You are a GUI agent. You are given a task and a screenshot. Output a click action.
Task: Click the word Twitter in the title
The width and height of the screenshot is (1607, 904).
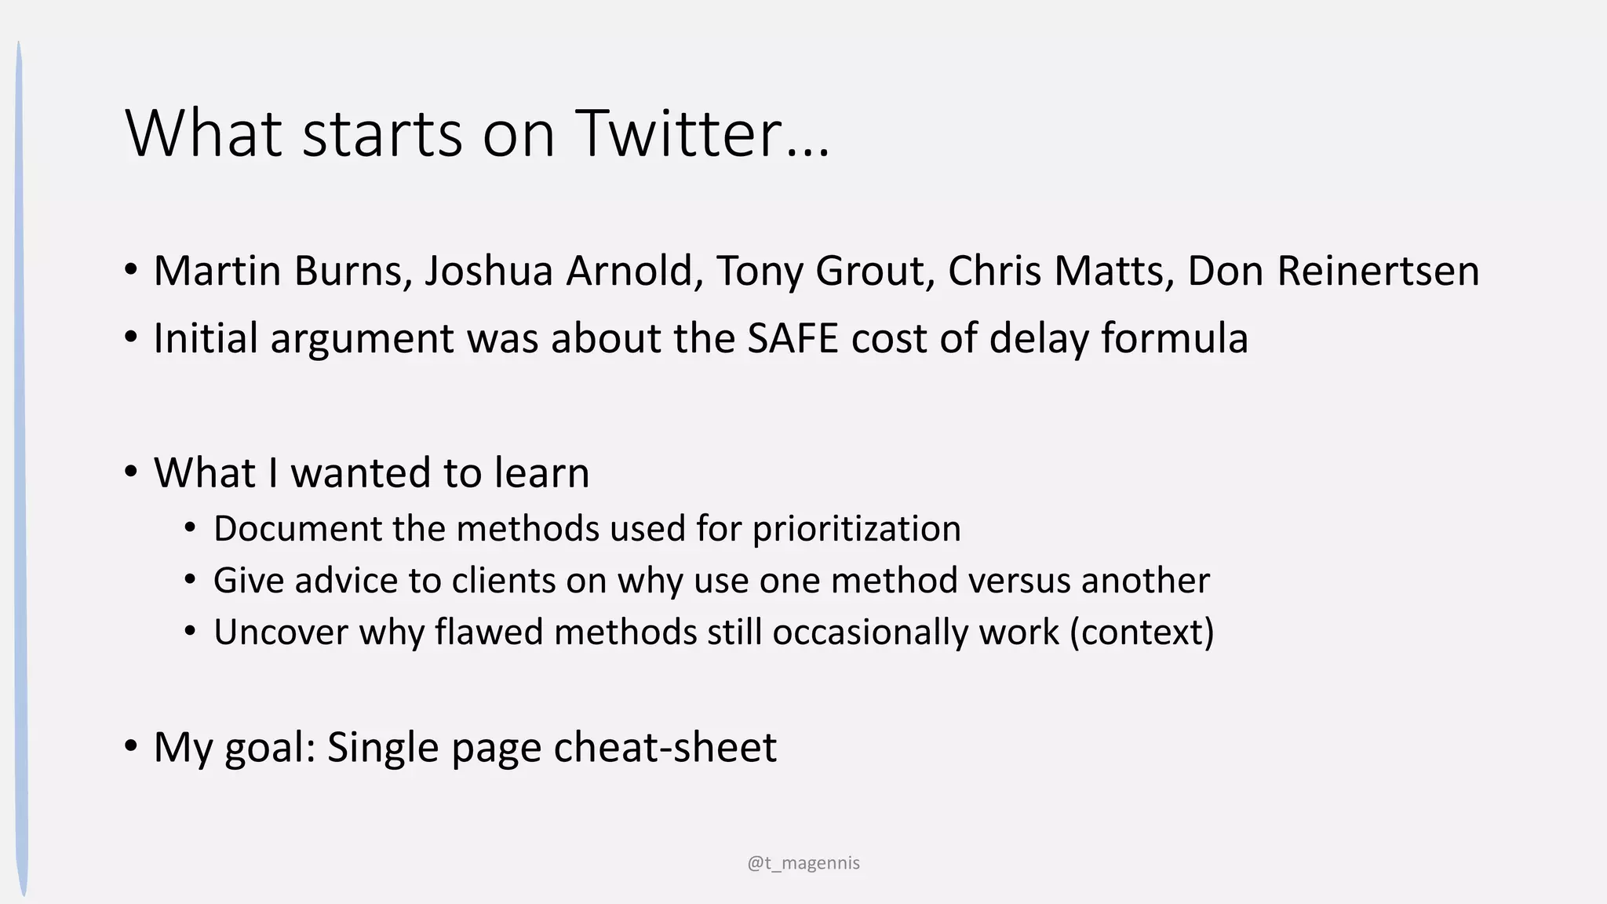click(x=680, y=134)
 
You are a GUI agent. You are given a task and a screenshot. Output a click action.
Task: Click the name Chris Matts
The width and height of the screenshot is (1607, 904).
click(x=1061, y=272)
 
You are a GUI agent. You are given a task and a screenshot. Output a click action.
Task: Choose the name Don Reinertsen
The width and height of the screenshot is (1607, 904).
click(x=1333, y=272)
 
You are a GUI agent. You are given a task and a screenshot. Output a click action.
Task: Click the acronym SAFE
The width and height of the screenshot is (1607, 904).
click(x=793, y=339)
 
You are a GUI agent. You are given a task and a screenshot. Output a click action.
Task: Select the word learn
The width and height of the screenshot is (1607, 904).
click(x=541, y=473)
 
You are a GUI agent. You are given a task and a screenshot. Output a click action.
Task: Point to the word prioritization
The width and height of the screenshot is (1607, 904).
click(x=856, y=529)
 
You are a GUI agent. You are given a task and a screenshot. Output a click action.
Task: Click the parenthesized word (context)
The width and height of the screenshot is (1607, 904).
click(x=1142, y=632)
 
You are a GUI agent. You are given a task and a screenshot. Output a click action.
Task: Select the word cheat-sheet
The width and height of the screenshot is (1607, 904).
click(x=665, y=747)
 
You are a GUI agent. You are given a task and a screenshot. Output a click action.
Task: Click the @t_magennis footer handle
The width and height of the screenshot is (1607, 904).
click(x=803, y=863)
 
